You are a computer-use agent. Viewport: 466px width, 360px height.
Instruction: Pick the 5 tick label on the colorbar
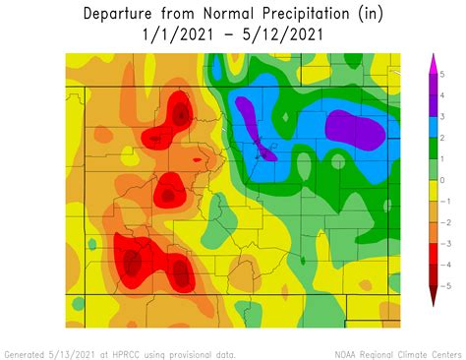443,75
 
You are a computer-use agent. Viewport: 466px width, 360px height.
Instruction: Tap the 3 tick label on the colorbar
443,117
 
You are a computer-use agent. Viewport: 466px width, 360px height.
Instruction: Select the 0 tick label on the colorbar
443,180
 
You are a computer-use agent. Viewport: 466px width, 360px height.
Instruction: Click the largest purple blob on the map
355,129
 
